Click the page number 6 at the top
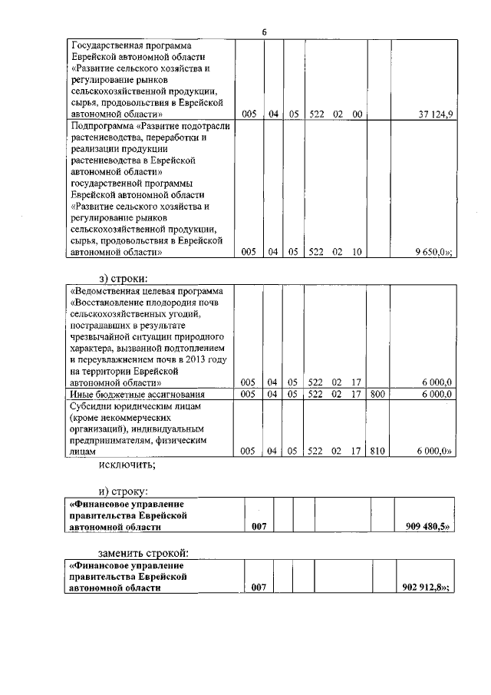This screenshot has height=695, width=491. coord(264,31)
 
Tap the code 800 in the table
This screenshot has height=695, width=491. coord(379,394)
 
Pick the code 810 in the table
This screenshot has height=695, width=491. coord(379,452)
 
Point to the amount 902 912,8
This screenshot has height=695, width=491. coord(426,587)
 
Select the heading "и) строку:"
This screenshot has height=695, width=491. coord(123,490)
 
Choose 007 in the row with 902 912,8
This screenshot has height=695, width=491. coord(258,587)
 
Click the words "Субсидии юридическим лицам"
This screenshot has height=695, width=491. coord(134,405)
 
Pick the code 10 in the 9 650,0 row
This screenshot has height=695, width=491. coord(356,251)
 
